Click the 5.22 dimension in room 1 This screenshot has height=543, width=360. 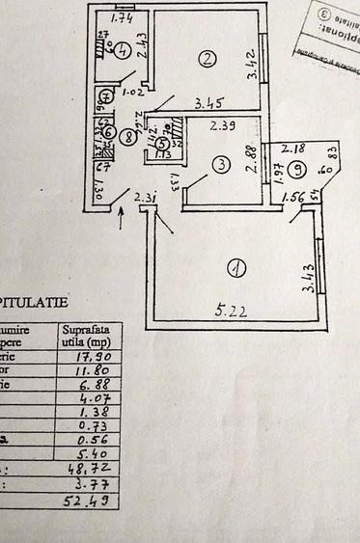[227, 312]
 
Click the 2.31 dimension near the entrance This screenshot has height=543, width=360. [145, 199]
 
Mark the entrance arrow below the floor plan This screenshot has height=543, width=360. [120, 217]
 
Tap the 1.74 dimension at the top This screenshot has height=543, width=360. [122, 18]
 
